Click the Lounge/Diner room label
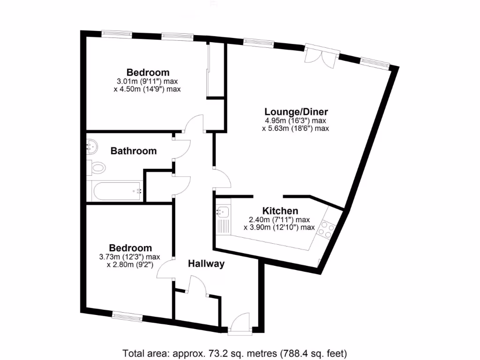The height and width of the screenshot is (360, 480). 296,112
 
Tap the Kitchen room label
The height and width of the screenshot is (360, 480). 280,211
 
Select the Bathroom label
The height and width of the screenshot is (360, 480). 133,151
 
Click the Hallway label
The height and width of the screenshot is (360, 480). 206,264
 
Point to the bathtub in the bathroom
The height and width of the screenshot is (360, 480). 117,191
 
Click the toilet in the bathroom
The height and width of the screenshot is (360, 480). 97,167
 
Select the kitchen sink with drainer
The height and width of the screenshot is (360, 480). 223,220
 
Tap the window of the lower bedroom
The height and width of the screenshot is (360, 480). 127,316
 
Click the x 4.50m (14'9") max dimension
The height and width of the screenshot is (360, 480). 147,89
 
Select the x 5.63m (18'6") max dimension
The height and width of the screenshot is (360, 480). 295,128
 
